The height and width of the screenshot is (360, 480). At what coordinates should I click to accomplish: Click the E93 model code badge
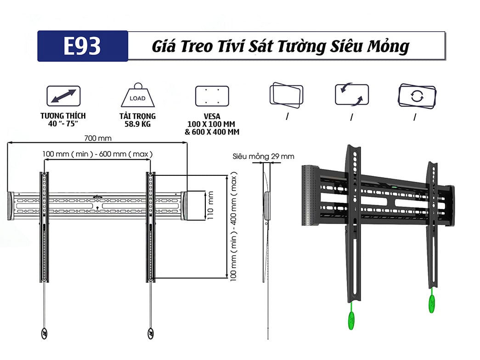(83, 46)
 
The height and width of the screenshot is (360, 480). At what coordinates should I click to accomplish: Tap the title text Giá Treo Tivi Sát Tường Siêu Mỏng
(280, 46)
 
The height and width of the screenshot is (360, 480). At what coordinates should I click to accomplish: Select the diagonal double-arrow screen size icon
(63, 96)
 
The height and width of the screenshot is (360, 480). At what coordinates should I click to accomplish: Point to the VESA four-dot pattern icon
(212, 96)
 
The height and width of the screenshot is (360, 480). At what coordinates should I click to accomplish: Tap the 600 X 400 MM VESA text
(212, 132)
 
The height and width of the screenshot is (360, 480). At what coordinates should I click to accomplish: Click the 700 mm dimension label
(98, 138)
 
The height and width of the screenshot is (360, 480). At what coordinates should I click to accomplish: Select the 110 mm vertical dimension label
(211, 205)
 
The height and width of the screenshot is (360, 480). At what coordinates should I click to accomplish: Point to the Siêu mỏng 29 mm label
(263, 157)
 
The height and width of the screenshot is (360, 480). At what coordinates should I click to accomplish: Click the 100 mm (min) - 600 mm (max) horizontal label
(98, 154)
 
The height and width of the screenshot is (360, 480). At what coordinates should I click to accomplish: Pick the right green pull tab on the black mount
(432, 304)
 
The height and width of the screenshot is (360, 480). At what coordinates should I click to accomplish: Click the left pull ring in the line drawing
(45, 333)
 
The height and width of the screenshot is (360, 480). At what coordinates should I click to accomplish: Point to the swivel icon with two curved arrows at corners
(351, 95)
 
